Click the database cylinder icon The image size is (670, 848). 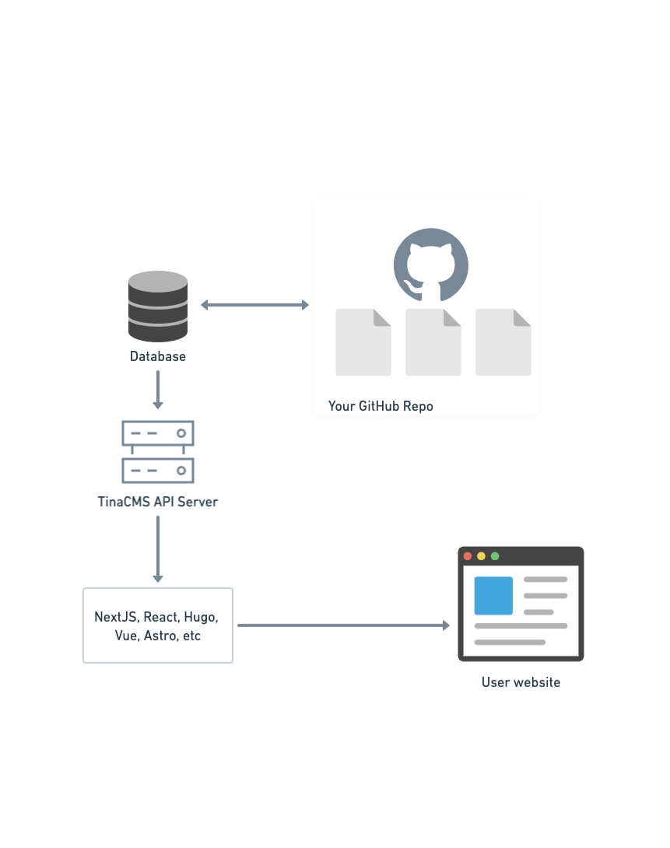pyautogui.click(x=158, y=306)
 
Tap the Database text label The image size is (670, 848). pyautogui.click(x=158, y=356)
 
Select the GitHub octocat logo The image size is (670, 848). pyautogui.click(x=430, y=265)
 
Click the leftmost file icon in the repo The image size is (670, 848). pyautogui.click(x=363, y=342)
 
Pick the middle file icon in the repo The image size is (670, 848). pyautogui.click(x=433, y=342)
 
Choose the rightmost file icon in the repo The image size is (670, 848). pyautogui.click(x=503, y=342)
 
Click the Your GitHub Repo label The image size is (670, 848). pyautogui.click(x=381, y=406)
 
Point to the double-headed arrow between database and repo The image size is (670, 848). pyautogui.click(x=255, y=305)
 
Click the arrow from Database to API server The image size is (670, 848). pyautogui.click(x=158, y=389)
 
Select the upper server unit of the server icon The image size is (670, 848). pyautogui.click(x=158, y=433)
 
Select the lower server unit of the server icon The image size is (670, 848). pyautogui.click(x=158, y=470)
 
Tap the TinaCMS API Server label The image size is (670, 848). pyautogui.click(x=158, y=502)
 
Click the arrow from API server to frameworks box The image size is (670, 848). pyautogui.click(x=158, y=548)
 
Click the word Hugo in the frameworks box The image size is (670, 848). pyautogui.click(x=201, y=617)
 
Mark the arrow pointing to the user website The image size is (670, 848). pyautogui.click(x=343, y=625)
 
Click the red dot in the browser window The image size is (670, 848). pyautogui.click(x=468, y=555)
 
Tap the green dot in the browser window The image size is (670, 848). pyautogui.click(x=495, y=555)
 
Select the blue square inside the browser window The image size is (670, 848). pyautogui.click(x=493, y=595)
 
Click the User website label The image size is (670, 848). pyautogui.click(x=521, y=682)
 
